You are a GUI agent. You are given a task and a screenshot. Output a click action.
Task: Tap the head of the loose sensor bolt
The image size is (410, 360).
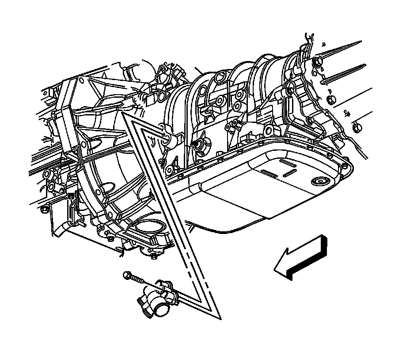127,276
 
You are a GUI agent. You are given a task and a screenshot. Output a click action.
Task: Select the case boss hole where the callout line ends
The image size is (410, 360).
166,139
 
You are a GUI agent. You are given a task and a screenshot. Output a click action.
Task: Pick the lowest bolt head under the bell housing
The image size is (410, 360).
153,256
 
